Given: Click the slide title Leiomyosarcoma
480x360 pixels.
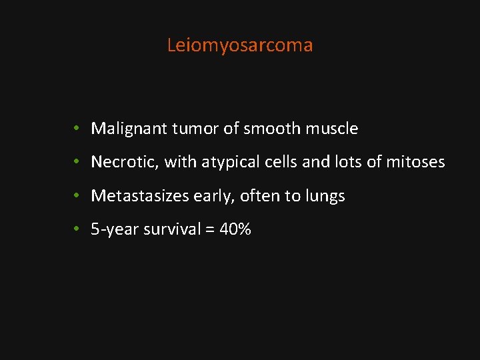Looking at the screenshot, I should tap(239, 45).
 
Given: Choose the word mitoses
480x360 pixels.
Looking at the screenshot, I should tap(415, 162).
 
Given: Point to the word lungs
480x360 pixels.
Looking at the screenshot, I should tap(325, 196).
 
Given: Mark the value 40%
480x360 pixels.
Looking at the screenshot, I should tap(237, 230).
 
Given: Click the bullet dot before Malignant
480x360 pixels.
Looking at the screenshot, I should tap(78, 128).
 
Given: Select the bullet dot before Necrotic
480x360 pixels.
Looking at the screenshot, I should tap(78, 162).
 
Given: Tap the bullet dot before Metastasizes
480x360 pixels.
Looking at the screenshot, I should tap(78, 195).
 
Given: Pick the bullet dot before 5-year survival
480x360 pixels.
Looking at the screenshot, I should tap(78, 229).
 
